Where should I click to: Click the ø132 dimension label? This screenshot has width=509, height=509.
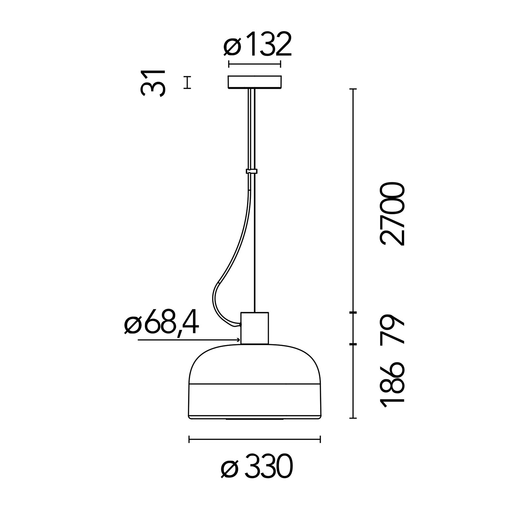[x=257, y=44]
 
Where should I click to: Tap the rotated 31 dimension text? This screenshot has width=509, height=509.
[x=152, y=83]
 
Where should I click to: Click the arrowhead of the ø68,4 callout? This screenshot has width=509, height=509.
[x=238, y=340]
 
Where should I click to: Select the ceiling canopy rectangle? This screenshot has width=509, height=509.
[x=254, y=83]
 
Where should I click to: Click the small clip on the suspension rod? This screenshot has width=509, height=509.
[x=252, y=171]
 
